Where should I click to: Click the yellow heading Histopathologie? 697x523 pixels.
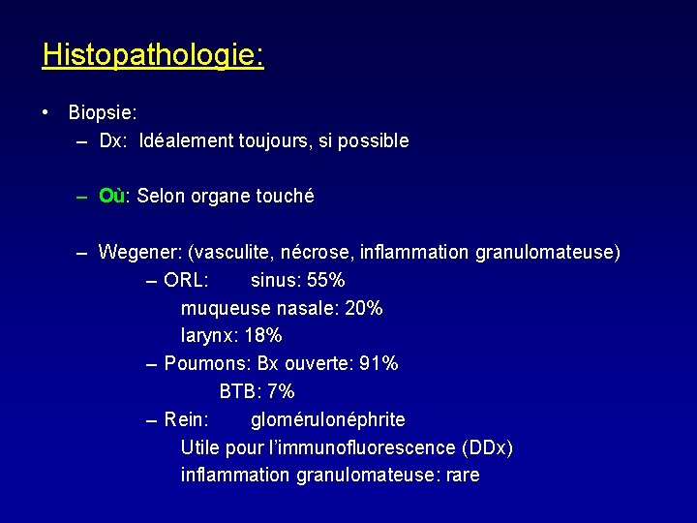pyautogui.click(x=153, y=54)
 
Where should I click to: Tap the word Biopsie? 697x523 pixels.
pyautogui.click(x=103, y=112)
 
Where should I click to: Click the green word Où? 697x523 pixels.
pyautogui.click(x=112, y=197)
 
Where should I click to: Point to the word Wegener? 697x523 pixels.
pyautogui.click(x=140, y=253)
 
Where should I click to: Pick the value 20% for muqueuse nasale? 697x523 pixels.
pyautogui.click(x=363, y=309)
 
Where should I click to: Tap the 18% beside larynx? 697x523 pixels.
pyautogui.click(x=263, y=336)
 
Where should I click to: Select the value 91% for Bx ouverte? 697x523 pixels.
pyautogui.click(x=378, y=364)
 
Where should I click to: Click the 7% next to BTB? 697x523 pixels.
pyautogui.click(x=281, y=392)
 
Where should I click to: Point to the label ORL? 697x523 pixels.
pyautogui.click(x=186, y=281)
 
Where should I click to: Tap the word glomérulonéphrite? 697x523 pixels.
pyautogui.click(x=328, y=420)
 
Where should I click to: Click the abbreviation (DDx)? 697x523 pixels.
pyautogui.click(x=488, y=448)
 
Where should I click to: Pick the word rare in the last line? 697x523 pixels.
pyautogui.click(x=462, y=476)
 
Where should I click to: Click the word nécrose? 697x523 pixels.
pyautogui.click(x=317, y=253)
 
